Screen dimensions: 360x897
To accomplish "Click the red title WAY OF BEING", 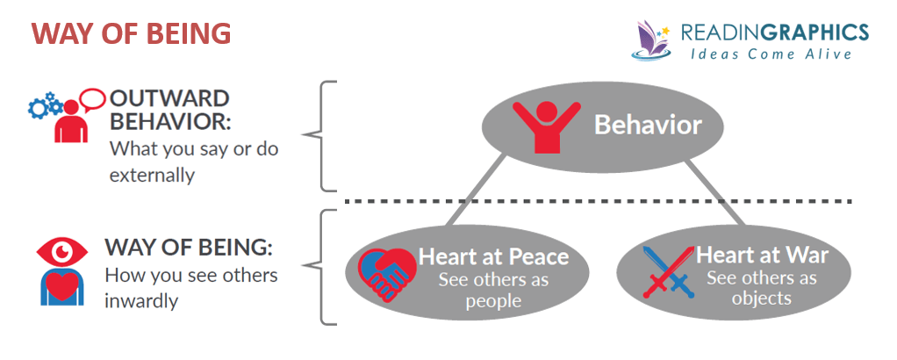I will click(x=132, y=34).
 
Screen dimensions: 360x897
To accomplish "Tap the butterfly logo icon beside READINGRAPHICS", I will click(x=653, y=40).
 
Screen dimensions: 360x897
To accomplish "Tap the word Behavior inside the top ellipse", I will click(x=648, y=125).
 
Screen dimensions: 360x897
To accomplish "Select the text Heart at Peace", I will click(x=493, y=257).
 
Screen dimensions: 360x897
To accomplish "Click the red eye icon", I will click(x=62, y=252).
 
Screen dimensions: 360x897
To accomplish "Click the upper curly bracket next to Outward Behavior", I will click(x=321, y=136).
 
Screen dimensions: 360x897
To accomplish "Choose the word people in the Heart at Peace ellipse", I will click(x=493, y=301).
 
